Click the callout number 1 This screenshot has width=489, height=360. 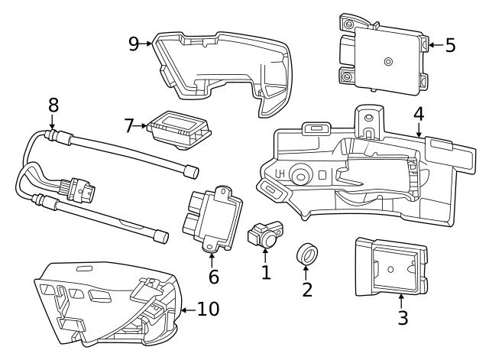265,271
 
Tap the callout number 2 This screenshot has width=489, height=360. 307,289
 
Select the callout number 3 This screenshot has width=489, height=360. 403,317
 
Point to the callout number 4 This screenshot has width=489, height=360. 418,114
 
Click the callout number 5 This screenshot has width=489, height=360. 450,45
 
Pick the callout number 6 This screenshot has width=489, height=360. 213,276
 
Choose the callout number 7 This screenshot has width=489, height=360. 129,125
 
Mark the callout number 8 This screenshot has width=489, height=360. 53,105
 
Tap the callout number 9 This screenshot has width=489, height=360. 134,44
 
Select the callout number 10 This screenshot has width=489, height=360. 209,309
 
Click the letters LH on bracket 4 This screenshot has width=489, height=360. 281,175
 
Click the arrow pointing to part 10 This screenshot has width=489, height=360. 187,310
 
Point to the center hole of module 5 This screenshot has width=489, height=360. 389,61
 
